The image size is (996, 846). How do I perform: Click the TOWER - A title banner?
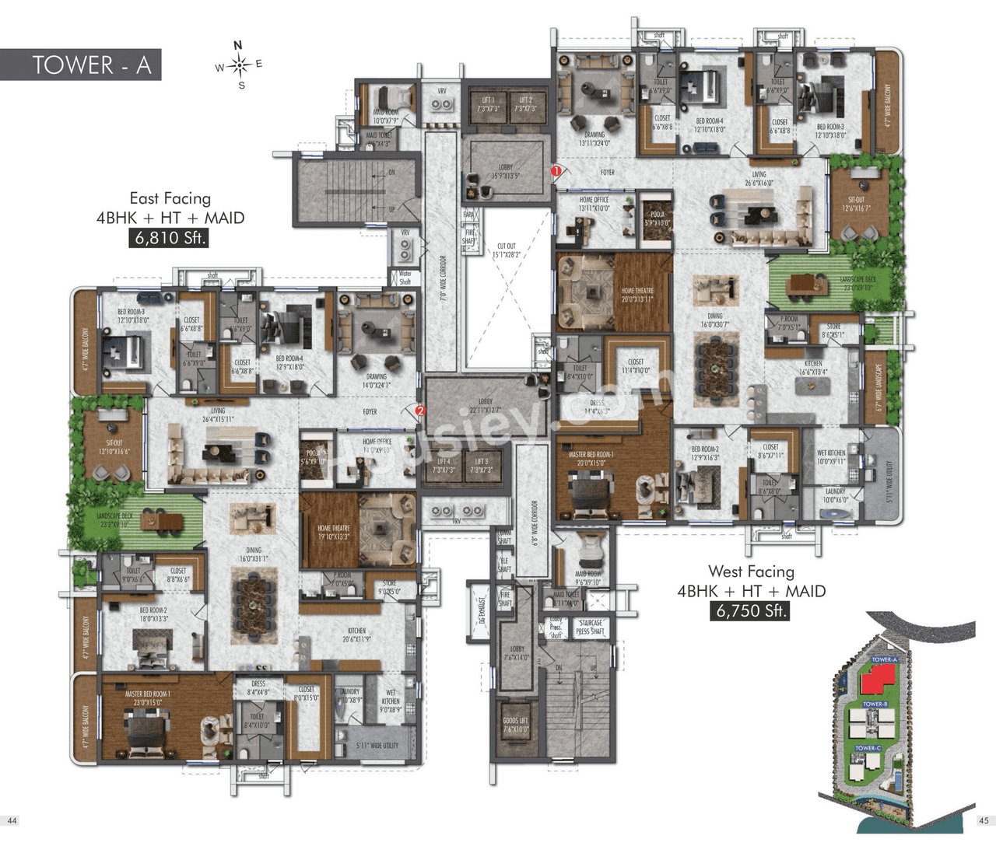coord(81,65)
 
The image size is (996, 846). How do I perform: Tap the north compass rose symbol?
coord(240,65)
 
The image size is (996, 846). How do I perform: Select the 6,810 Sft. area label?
coord(169,238)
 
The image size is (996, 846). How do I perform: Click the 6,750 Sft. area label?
coord(750,611)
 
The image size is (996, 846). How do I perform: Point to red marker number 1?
coord(556,170)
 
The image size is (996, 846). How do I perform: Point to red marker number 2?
coord(421,411)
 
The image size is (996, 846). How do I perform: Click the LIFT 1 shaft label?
coord(488,104)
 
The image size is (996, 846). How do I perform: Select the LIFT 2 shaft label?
coord(525,104)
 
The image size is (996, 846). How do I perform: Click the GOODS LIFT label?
coord(515,725)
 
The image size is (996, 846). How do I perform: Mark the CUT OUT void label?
coord(507,250)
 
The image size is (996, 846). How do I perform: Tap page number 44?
coord(12,820)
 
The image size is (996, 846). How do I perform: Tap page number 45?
coord(984,820)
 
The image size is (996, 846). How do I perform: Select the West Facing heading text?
coord(751,572)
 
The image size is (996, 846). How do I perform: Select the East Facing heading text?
coord(170,198)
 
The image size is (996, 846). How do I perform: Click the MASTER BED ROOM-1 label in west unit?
coord(591,459)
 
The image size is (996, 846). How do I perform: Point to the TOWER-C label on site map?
coord(868,748)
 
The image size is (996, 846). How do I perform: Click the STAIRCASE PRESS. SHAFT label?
coord(591,627)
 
